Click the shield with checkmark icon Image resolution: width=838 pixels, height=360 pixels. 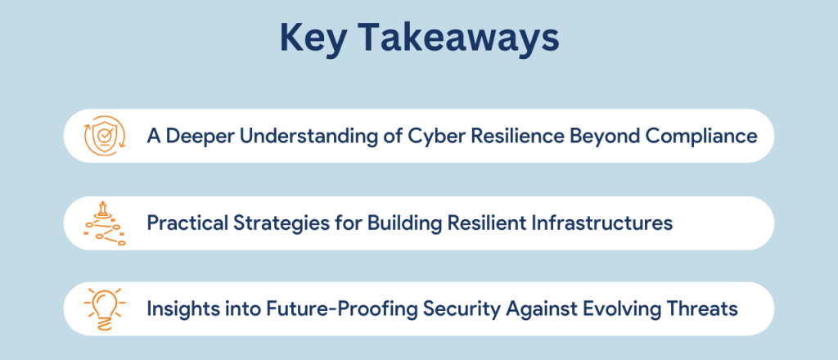[105, 136]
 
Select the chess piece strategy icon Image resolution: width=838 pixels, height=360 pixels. [105, 223]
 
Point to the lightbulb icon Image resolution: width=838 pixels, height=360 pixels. [105, 308]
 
